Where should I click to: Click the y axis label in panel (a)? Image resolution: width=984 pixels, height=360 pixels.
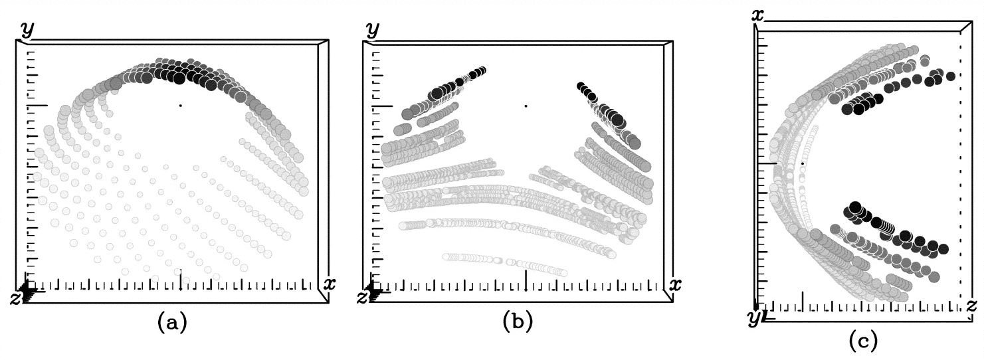[x=27, y=29]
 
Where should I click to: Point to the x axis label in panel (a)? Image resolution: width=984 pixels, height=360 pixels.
[x=328, y=284]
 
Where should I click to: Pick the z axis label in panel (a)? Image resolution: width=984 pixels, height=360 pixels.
[x=15, y=298]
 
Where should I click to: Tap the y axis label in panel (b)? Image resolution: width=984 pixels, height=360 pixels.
[x=373, y=29]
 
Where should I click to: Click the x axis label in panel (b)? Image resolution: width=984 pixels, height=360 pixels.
[x=674, y=284]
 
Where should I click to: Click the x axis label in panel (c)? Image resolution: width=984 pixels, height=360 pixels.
[x=757, y=13]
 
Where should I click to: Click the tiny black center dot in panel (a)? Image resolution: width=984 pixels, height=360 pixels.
[x=180, y=105]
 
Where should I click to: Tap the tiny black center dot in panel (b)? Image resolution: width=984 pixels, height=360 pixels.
[x=526, y=105]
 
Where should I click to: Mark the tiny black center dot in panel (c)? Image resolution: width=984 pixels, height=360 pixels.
[x=803, y=163]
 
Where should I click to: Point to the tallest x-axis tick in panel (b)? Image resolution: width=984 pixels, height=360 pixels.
[x=526, y=280]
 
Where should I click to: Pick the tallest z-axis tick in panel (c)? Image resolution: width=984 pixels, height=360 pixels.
[x=803, y=301]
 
